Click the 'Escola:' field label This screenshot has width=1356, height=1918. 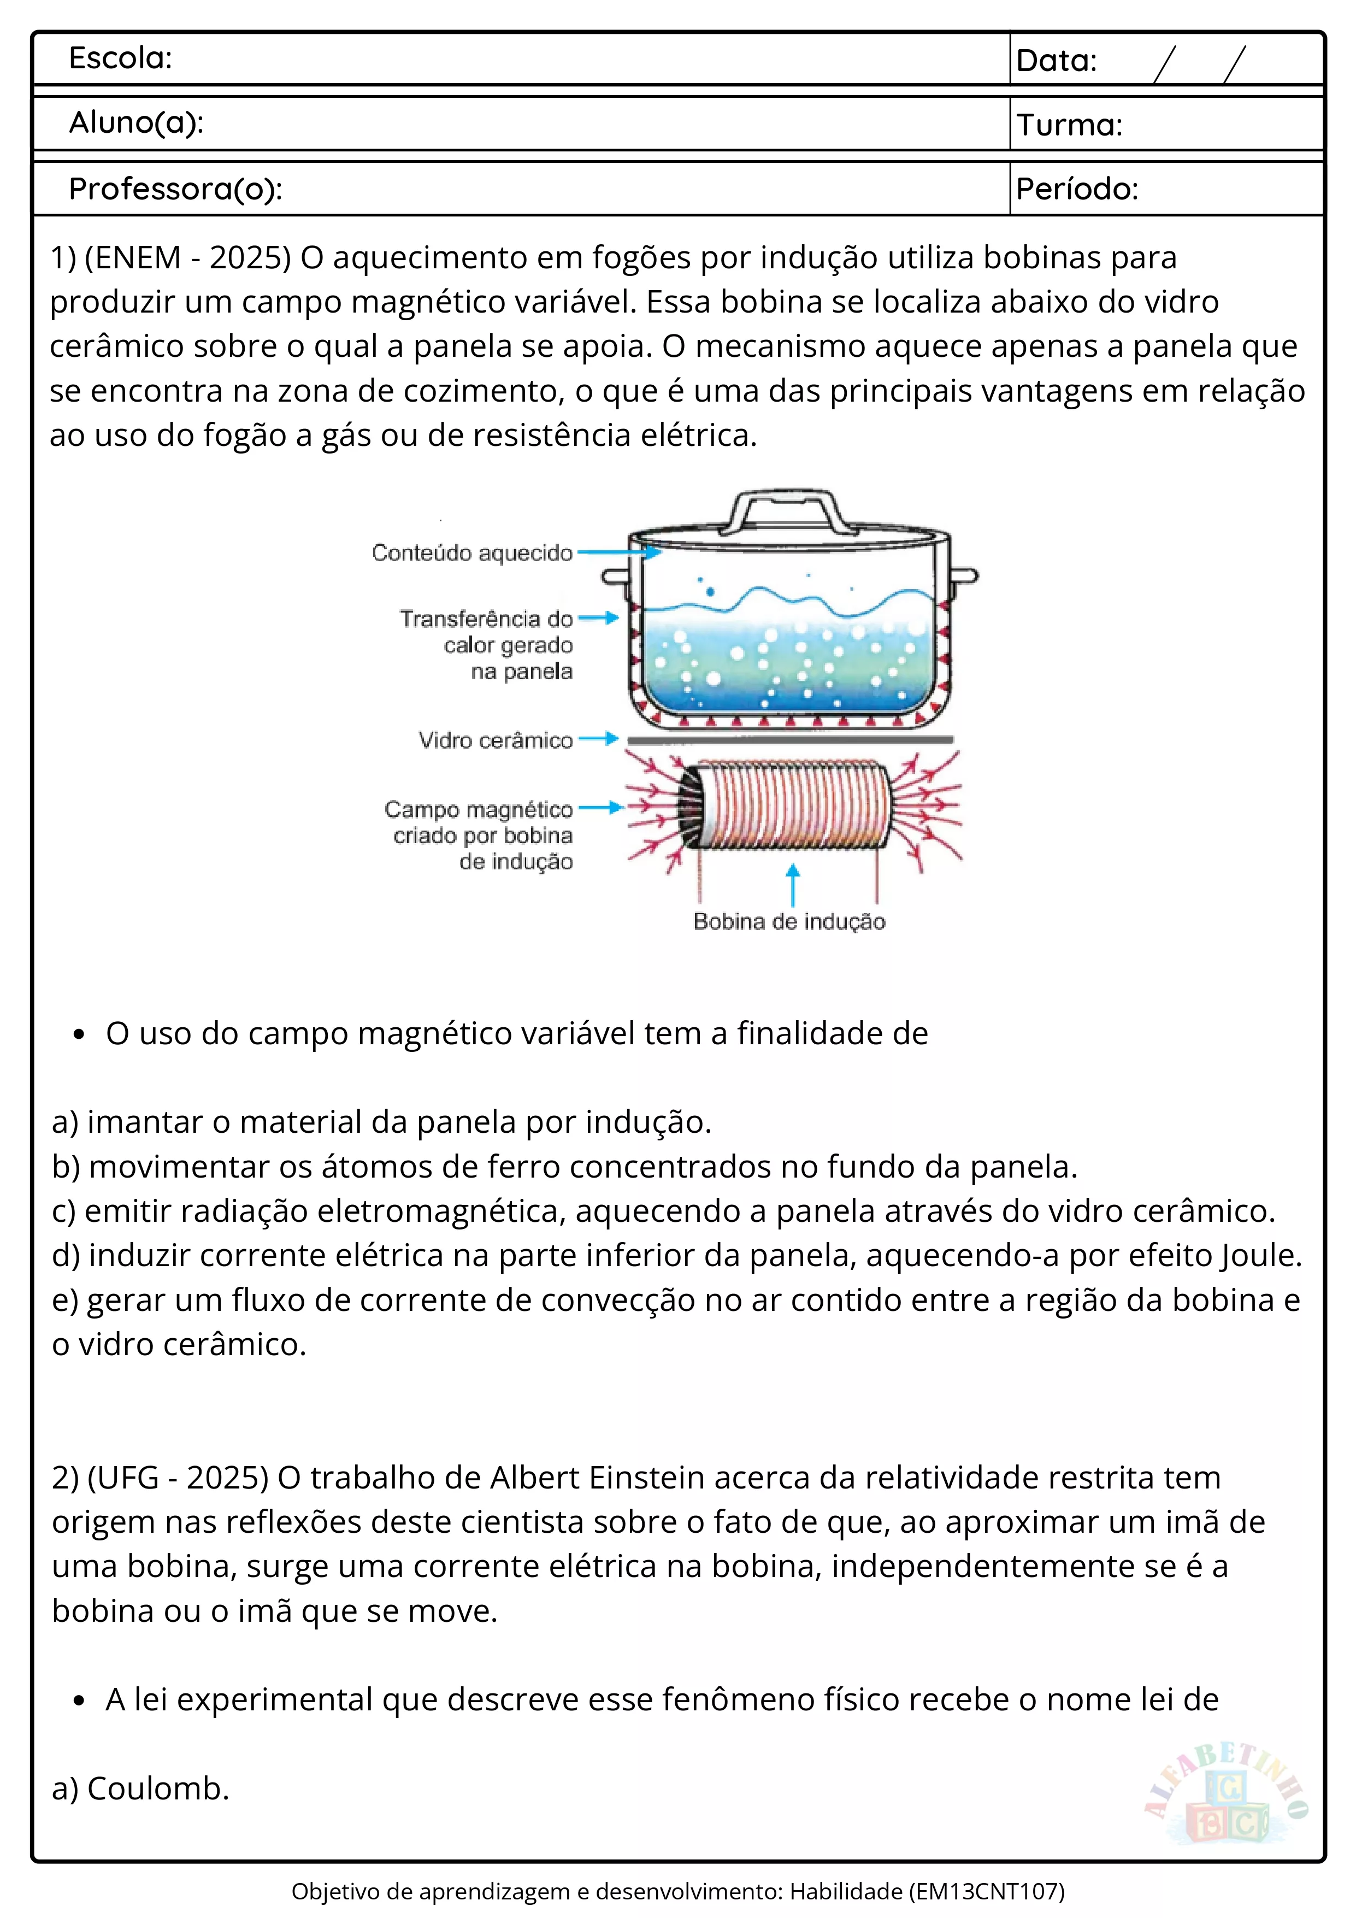[120, 58]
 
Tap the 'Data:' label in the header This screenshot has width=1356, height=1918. [1056, 61]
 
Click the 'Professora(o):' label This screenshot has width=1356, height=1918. [175, 190]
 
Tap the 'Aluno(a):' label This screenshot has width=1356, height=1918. [136, 123]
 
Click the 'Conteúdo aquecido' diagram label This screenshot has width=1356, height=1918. [472, 553]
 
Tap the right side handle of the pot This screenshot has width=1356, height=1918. [964, 575]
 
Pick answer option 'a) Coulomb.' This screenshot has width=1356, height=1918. [140, 1788]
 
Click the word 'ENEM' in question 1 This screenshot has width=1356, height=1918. [136, 257]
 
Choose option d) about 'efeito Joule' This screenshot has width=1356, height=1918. [676, 1256]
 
